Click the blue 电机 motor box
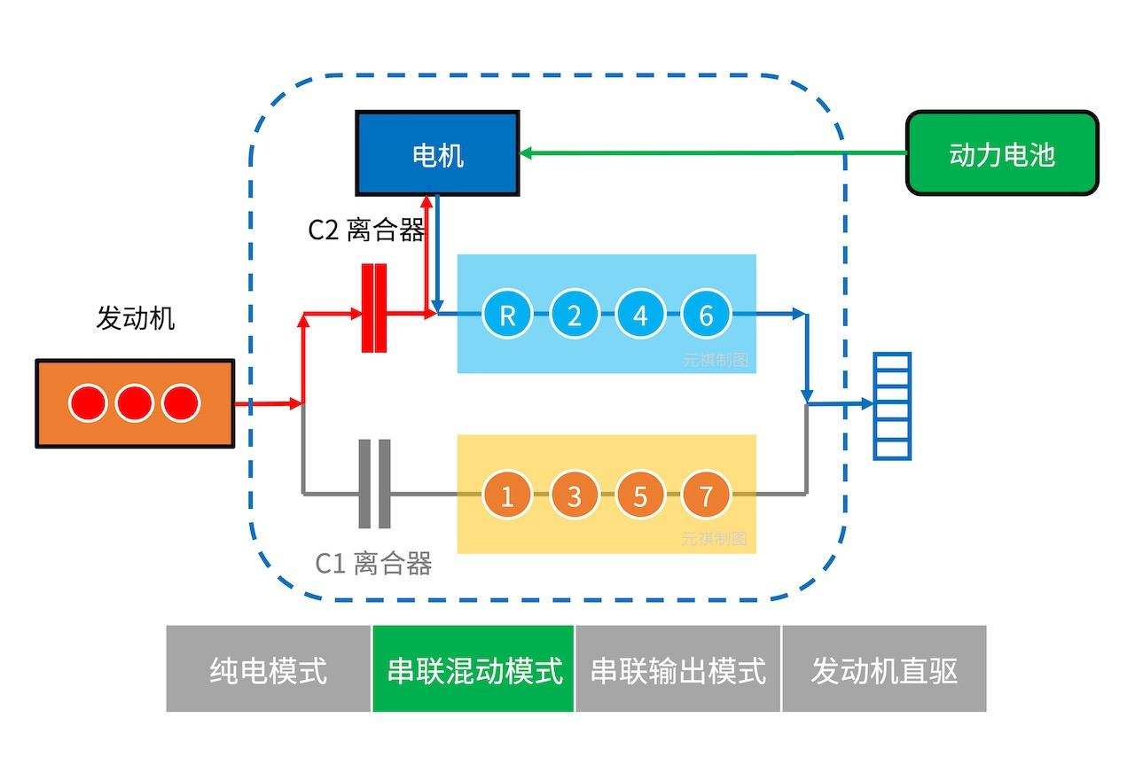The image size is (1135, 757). [x=437, y=153]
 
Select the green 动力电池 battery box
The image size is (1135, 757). [x=1002, y=153]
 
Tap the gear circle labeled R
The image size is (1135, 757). [x=507, y=315]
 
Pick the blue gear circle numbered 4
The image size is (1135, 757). [x=640, y=315]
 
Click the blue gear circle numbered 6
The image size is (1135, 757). [x=707, y=315]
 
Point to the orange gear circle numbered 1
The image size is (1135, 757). [x=507, y=495]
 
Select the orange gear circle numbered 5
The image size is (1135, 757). [x=640, y=495]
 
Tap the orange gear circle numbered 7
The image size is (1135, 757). [x=707, y=495]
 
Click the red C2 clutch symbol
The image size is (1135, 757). [x=374, y=308]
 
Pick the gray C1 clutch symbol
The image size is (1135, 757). [x=374, y=483]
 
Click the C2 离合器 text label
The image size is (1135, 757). [x=366, y=230]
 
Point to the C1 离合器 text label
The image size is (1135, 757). [x=374, y=563]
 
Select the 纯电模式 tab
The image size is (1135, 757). [x=268, y=669]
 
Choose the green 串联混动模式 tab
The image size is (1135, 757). [x=474, y=669]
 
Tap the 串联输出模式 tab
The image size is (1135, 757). [x=678, y=669]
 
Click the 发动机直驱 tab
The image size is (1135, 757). [x=884, y=669]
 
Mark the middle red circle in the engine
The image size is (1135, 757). [x=135, y=403]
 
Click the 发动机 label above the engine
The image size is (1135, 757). [x=135, y=317]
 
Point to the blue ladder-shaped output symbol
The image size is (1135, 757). [x=892, y=406]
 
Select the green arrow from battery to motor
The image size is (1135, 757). [x=709, y=153]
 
